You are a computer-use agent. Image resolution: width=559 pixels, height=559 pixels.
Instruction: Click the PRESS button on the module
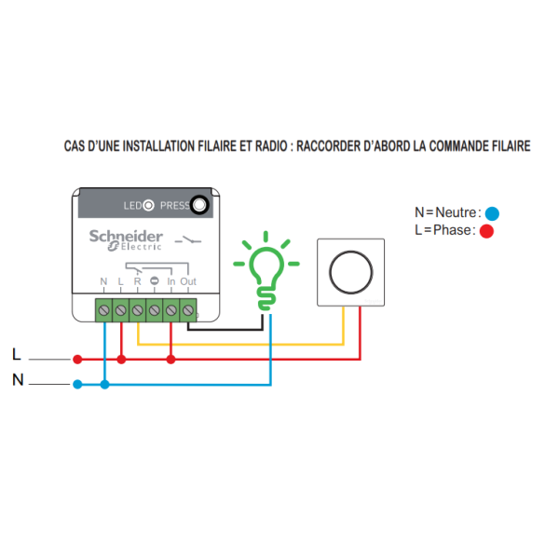(x=198, y=205)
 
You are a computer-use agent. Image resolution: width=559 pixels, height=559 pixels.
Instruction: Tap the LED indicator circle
(x=145, y=205)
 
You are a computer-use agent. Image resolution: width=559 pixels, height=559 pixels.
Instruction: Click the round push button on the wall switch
(x=350, y=271)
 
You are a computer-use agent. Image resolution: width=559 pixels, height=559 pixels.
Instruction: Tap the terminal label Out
(x=188, y=281)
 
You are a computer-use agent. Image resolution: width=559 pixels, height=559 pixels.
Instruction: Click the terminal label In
(x=170, y=281)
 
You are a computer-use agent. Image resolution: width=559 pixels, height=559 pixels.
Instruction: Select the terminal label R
(x=138, y=281)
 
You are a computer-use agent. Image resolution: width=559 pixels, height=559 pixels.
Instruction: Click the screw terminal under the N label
(x=103, y=308)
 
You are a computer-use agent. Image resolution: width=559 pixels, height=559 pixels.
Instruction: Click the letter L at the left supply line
(x=16, y=354)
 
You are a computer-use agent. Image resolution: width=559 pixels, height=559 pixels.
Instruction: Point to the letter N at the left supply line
(x=17, y=379)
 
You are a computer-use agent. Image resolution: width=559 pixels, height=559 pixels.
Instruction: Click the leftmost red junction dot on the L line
(x=77, y=359)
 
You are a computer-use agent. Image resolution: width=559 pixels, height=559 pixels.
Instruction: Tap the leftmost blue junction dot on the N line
(x=77, y=384)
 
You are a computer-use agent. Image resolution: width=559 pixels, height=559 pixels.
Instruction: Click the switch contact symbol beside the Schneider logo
(x=190, y=240)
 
